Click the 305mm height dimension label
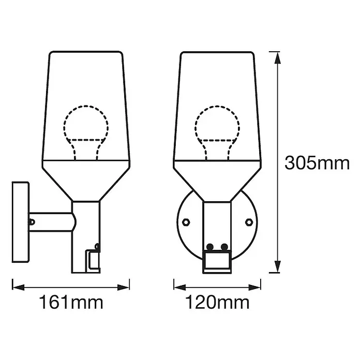pyautogui.click(x=317, y=163)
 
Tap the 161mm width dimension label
pyautogui.click(x=71, y=303)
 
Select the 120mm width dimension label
pyautogui.click(x=217, y=303)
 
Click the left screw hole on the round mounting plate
pyautogui.click(x=186, y=222)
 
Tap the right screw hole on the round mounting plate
pyautogui.click(x=249, y=222)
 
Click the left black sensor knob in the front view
pyautogui.click(x=210, y=247)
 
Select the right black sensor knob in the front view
pyautogui.click(x=224, y=247)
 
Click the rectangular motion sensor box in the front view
pyautogui.click(x=217, y=261)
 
